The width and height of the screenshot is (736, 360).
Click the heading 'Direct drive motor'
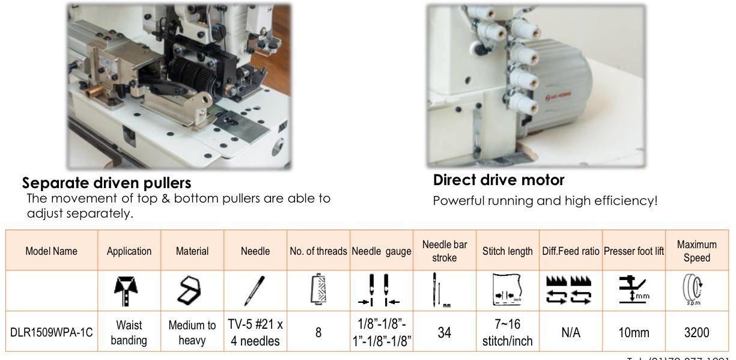point(499,180)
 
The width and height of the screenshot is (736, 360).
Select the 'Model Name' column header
point(51,251)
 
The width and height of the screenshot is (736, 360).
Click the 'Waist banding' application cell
point(129,332)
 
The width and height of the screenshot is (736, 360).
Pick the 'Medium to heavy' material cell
point(192,332)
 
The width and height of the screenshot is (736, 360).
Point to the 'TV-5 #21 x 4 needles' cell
point(255,332)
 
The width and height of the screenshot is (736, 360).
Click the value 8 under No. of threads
point(318,332)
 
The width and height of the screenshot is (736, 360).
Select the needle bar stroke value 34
point(445,332)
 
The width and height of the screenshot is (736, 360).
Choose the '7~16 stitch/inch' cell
point(508,332)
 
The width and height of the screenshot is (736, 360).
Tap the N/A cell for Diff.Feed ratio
point(571,332)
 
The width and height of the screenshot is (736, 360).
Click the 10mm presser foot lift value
point(633,332)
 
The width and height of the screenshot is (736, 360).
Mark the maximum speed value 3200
point(696,332)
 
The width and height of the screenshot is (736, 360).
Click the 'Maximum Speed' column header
point(696,251)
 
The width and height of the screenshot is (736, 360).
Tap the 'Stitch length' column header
point(508,251)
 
